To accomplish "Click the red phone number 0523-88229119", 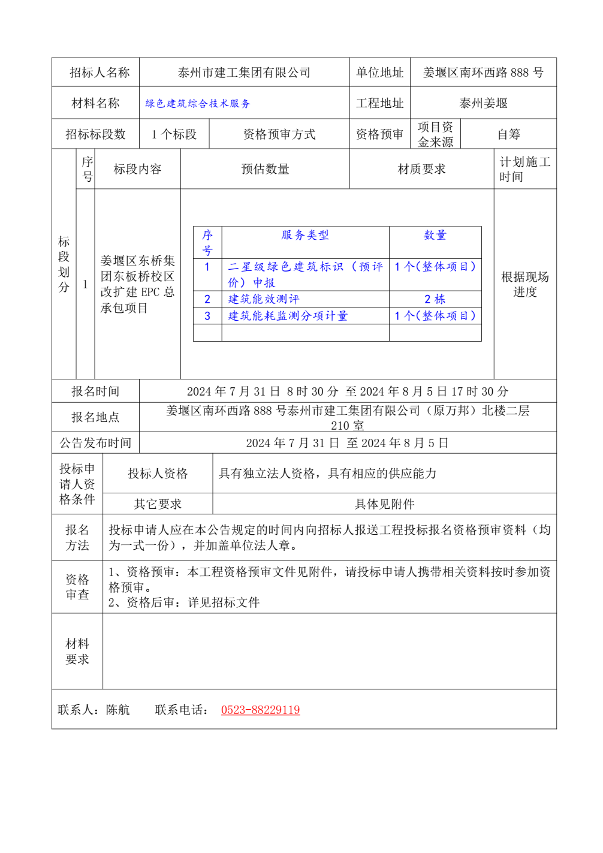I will point(260,710).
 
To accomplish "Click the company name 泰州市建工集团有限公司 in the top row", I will point(244,73).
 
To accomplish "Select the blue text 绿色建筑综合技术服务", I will point(198,104).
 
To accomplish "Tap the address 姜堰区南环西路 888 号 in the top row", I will point(483,73).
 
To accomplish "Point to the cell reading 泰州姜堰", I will point(483,103).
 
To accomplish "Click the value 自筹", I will point(508,134).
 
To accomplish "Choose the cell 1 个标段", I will point(174,134).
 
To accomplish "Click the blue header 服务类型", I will point(305,235).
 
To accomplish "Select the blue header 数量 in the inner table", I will point(435,235).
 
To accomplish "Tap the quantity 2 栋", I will point(435,299).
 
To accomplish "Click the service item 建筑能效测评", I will point(264,299).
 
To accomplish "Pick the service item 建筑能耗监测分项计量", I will point(288,316).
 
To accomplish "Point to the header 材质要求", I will point(421,169).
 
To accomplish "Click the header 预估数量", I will point(265,169).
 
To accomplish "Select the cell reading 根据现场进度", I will point(525,284).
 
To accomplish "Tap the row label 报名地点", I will point(95,417).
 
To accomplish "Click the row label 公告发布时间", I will point(95,443).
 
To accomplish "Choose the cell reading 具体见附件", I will point(384,504).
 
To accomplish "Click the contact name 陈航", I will point(117,710).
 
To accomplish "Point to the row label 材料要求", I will point(77,652).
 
